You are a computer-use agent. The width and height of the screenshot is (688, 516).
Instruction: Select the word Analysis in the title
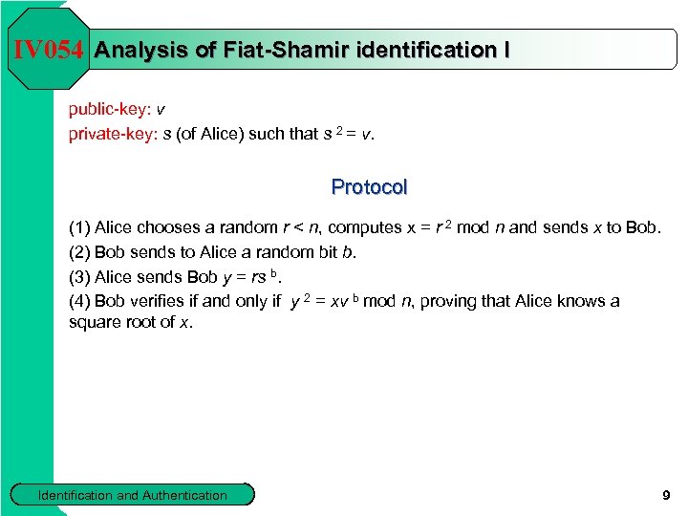pyautogui.click(x=142, y=50)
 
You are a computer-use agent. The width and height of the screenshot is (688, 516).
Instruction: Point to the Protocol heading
pyautogui.click(x=369, y=187)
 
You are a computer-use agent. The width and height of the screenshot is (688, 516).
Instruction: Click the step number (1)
pyautogui.click(x=79, y=227)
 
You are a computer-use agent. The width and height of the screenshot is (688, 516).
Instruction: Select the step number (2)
pyautogui.click(x=79, y=252)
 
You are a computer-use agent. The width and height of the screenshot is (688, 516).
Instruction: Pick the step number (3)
pyautogui.click(x=79, y=277)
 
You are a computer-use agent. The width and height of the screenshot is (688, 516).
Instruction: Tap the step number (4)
pyautogui.click(x=79, y=302)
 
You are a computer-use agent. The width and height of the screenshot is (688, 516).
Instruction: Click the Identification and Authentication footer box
pyautogui.click(x=132, y=495)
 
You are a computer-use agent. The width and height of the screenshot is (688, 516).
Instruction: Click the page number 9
pyautogui.click(x=666, y=495)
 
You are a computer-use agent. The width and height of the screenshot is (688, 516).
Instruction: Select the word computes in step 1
pyautogui.click(x=364, y=227)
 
